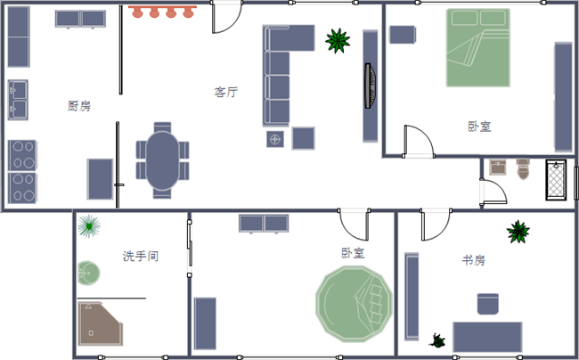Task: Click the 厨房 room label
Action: pyautogui.click(x=79, y=105)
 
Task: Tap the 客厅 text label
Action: pyautogui.click(x=226, y=92)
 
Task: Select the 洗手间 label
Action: pyautogui.click(x=140, y=256)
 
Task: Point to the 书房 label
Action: pyautogui.click(x=473, y=260)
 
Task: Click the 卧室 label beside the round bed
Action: pyautogui.click(x=352, y=253)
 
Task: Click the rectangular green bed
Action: pyautogui.click(x=477, y=48)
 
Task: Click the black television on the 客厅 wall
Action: pyautogui.click(x=370, y=86)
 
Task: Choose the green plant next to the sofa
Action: pyautogui.click(x=337, y=40)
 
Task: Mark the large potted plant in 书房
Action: pyautogui.click(x=518, y=233)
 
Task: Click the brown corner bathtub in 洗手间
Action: pyautogui.click(x=97, y=323)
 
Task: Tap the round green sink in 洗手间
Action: pyautogui.click(x=88, y=271)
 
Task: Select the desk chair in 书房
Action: pyautogui.click(x=488, y=305)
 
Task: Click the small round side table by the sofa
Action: pyautogui.click(x=275, y=139)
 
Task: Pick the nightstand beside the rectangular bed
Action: pyautogui.click(x=403, y=35)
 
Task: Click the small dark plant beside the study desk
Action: pyautogui.click(x=438, y=340)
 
